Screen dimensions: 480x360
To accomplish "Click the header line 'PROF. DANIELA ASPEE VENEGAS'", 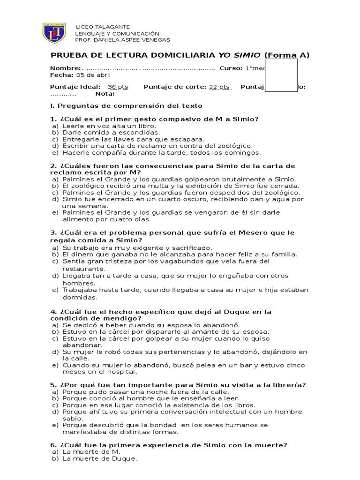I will click(123, 40).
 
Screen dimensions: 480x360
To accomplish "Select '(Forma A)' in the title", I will click(287, 55).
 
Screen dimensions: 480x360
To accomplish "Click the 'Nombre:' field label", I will click(66, 68).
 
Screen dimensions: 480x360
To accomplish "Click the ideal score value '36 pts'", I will click(118, 87).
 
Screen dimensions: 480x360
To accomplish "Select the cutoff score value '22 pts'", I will click(219, 87).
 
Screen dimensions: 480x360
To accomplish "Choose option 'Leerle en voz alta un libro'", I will click(109, 126).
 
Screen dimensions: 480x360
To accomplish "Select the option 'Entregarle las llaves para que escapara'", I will click(133, 139).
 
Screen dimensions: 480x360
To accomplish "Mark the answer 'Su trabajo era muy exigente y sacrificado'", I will click(137, 247).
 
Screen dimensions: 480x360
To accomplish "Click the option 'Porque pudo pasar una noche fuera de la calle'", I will click(146, 392).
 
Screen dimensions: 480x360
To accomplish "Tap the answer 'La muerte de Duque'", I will click(100, 459).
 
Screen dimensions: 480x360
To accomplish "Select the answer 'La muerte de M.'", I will click(91, 452).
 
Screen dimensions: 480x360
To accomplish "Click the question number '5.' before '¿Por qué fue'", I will click(53, 385).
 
